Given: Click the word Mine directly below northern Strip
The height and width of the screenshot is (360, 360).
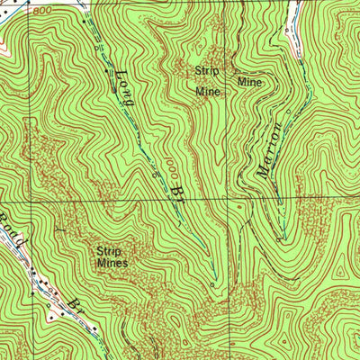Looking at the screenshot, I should pos(208,90).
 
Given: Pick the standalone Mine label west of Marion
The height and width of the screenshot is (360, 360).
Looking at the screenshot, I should pos(249,81).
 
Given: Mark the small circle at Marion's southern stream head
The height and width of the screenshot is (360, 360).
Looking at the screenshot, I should pos(282,239).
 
